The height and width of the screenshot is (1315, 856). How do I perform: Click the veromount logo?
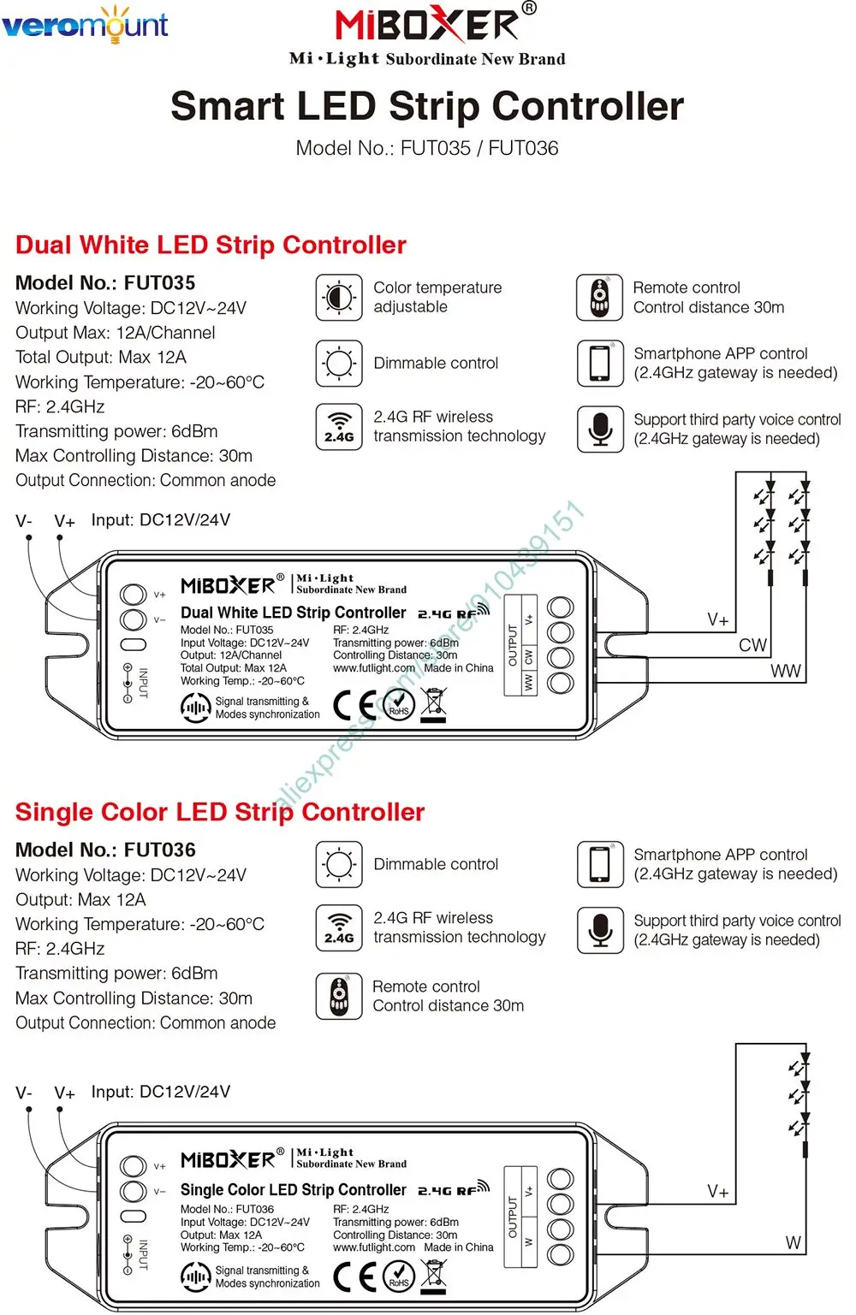pyautogui.click(x=85, y=26)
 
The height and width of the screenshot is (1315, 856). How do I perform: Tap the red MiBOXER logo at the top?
pyautogui.click(x=427, y=25)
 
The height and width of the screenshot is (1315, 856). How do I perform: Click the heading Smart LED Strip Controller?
pyautogui.click(x=427, y=106)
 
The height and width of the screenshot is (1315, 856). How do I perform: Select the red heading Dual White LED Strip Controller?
pyautogui.click(x=211, y=245)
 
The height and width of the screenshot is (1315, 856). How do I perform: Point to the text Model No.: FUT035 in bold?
pyautogui.click(x=105, y=282)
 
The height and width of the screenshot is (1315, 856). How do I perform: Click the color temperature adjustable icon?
pyautogui.click(x=339, y=298)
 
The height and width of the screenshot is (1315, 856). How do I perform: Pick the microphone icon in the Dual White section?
pyautogui.click(x=600, y=428)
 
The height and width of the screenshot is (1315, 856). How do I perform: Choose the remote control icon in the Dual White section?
pyautogui.click(x=600, y=298)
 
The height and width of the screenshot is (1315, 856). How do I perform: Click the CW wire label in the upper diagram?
pyautogui.click(x=752, y=645)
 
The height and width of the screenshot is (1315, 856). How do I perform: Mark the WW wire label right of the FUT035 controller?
pyautogui.click(x=785, y=671)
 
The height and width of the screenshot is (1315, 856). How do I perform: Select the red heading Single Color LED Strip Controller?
pyautogui.click(x=220, y=812)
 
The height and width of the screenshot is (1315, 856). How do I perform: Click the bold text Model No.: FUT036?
pyautogui.click(x=105, y=850)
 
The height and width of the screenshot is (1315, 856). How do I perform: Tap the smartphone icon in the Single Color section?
pyautogui.click(x=600, y=864)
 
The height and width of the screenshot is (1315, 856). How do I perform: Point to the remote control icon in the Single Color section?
pyautogui.click(x=339, y=996)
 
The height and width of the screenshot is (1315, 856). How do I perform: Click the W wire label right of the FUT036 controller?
pyautogui.click(x=793, y=1243)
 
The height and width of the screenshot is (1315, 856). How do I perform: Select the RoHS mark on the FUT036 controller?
pyautogui.click(x=399, y=1277)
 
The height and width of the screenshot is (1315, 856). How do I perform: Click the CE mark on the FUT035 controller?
pyautogui.click(x=354, y=706)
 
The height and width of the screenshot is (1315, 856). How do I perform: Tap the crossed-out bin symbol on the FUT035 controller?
pyautogui.click(x=435, y=703)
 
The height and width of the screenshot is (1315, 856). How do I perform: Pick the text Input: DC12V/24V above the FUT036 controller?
pyautogui.click(x=161, y=1092)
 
